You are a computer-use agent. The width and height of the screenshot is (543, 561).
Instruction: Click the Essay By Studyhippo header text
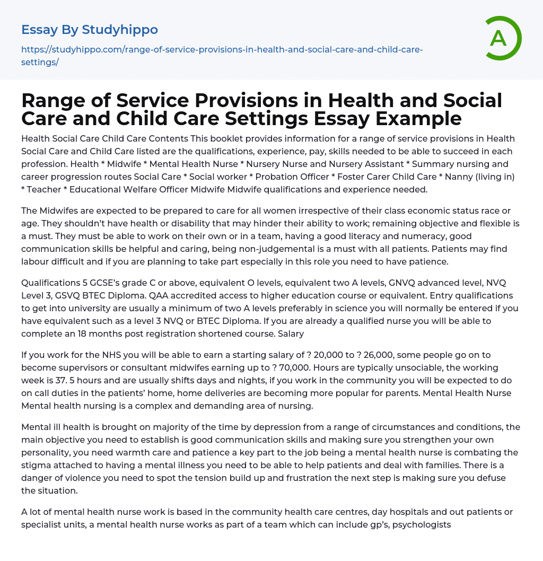(90, 30)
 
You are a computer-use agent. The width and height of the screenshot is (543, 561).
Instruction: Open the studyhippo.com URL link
(222, 50)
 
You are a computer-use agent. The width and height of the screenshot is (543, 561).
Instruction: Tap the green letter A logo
(500, 38)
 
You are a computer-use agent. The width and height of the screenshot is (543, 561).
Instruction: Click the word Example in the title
(414, 118)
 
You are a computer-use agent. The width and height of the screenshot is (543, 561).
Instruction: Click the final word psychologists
(422, 524)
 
